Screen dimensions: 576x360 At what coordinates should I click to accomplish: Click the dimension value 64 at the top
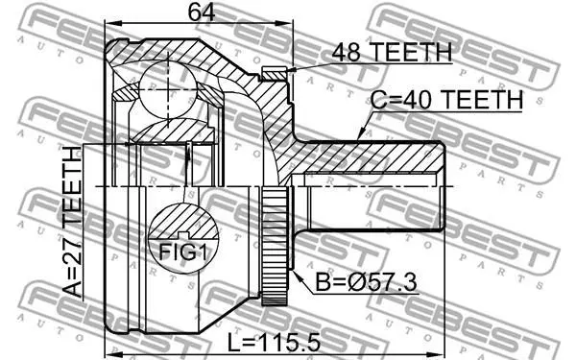click(202, 12)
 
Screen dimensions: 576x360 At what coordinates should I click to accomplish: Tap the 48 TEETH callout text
click(392, 52)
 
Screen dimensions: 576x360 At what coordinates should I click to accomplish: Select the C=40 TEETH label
click(446, 99)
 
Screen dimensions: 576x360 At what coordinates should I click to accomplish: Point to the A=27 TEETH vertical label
click(72, 222)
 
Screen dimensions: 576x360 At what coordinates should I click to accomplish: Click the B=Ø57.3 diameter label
click(367, 282)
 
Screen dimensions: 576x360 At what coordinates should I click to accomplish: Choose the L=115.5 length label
click(274, 343)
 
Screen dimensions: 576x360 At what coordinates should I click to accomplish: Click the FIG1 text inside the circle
click(182, 252)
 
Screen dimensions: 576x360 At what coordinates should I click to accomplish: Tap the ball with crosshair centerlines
click(168, 89)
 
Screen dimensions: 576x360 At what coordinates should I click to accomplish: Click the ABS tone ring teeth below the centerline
click(275, 246)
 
